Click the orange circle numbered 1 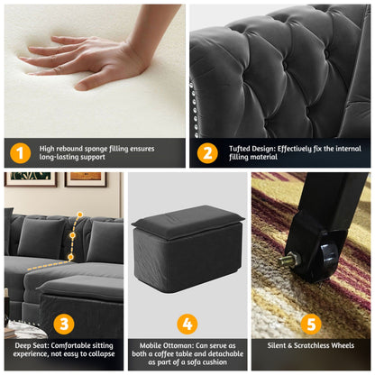tap(20, 153)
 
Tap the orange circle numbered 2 tap(207, 153)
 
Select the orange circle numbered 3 tap(64, 325)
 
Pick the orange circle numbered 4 tap(187, 325)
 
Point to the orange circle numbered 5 tap(311, 325)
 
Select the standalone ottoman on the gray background tap(187, 248)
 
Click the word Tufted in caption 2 tap(240, 149)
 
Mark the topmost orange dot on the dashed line tap(80, 215)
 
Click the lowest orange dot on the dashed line tap(70, 257)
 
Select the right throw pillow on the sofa tap(105, 242)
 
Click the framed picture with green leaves tap(31, 179)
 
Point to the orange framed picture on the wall tap(86, 179)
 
